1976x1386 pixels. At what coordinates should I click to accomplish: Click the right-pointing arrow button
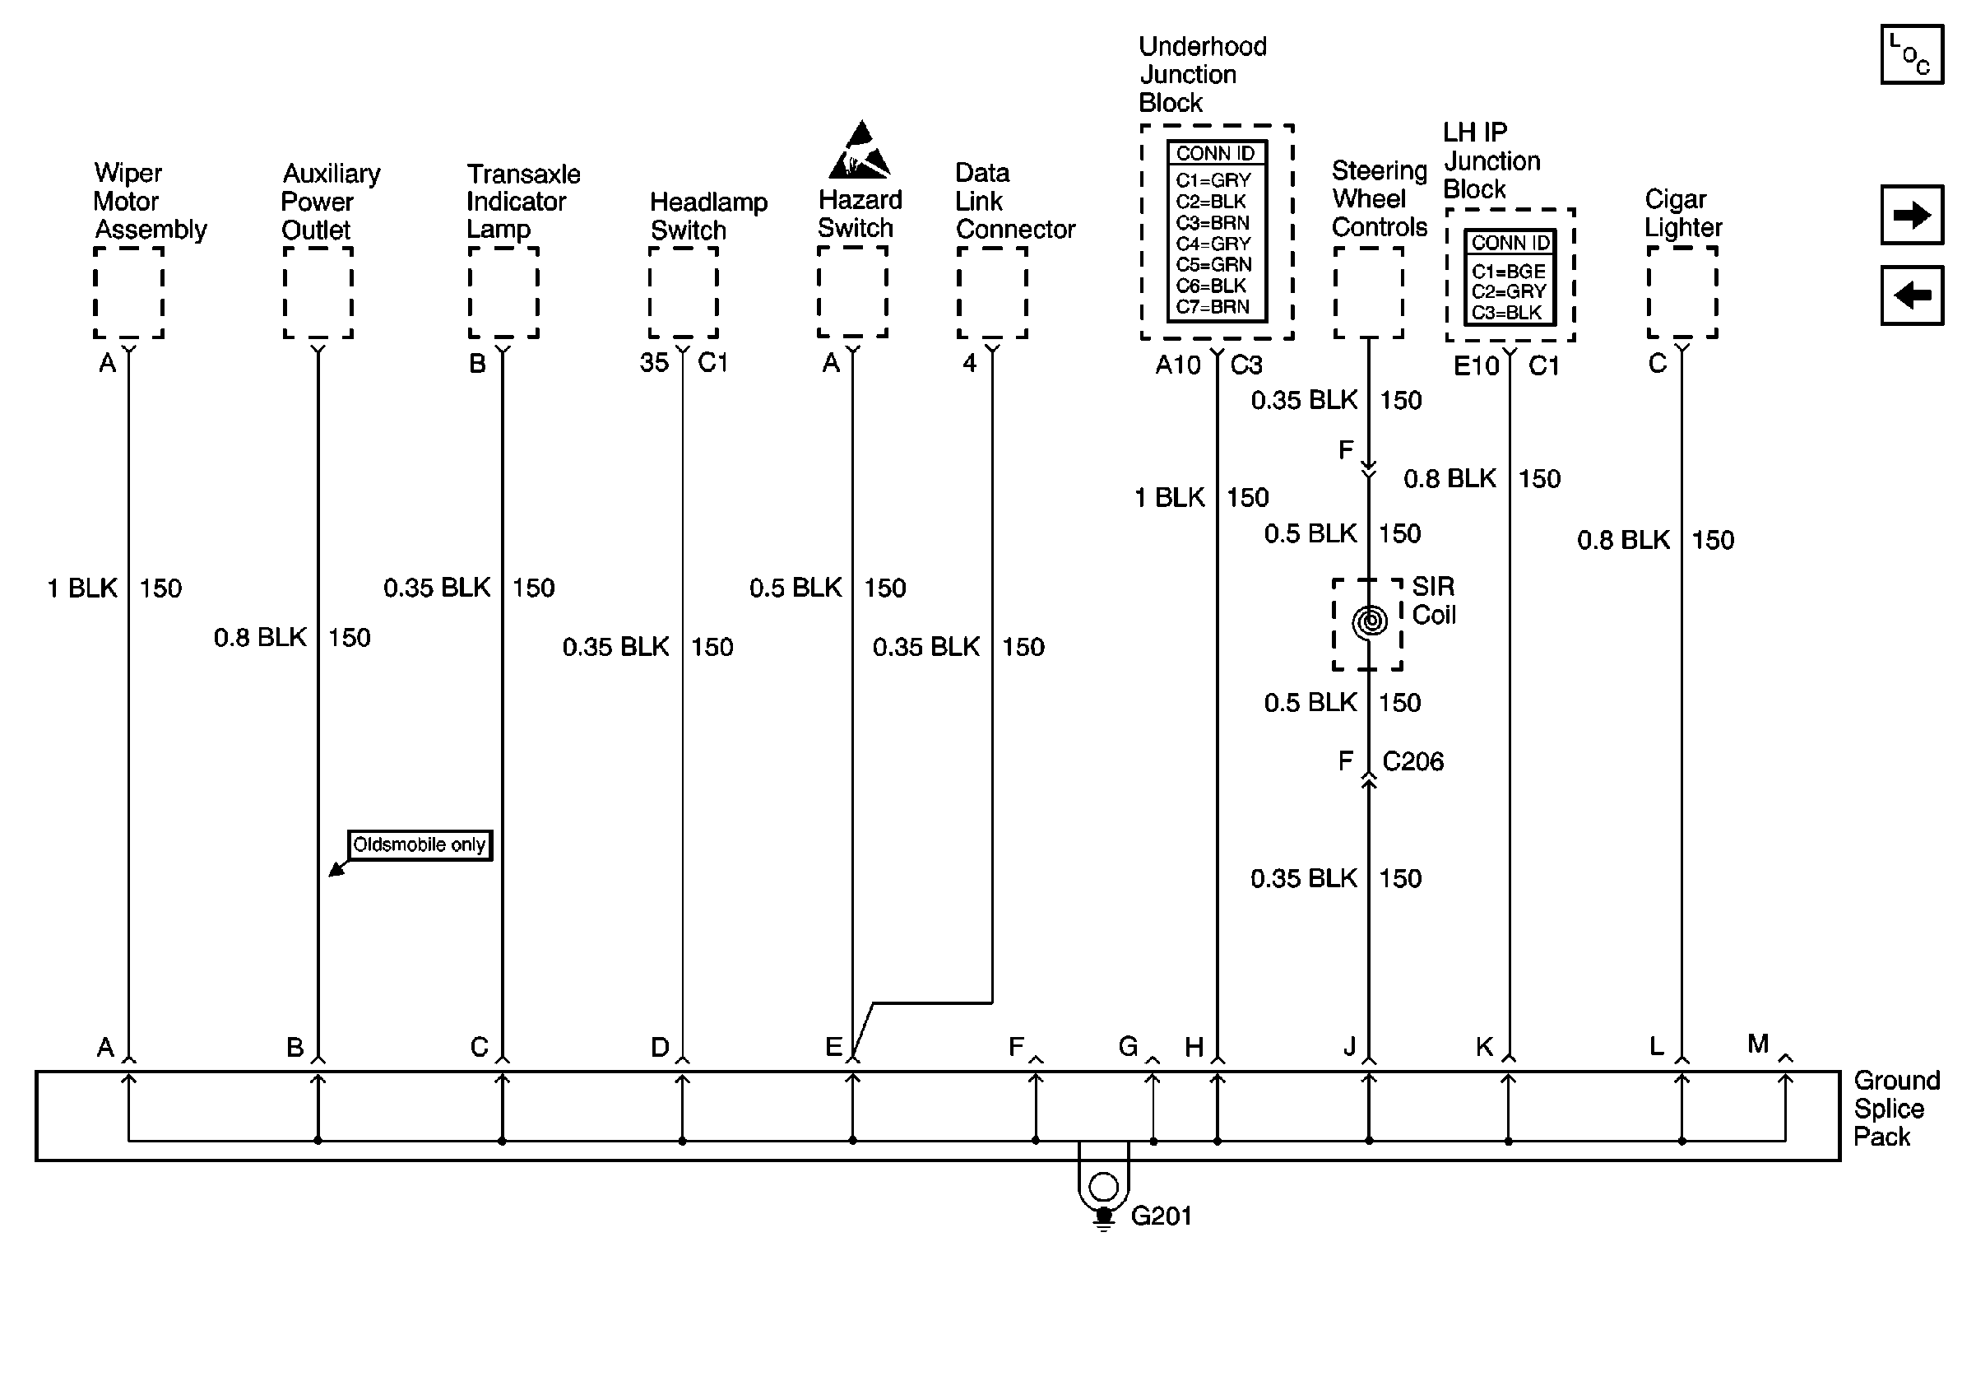pos(1912,214)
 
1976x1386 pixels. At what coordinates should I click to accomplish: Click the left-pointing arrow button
pos(1912,295)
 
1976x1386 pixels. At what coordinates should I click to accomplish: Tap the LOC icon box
pos(1912,55)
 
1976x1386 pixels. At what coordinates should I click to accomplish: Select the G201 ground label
pos(1160,1216)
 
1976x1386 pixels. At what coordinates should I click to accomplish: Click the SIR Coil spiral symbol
pos(1369,621)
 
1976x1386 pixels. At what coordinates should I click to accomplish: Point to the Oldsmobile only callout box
pos(419,844)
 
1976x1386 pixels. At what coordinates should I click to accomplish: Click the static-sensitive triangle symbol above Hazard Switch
pos(859,151)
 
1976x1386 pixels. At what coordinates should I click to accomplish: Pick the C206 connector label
pos(1412,761)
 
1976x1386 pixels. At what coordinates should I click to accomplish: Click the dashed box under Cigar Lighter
pos(1681,293)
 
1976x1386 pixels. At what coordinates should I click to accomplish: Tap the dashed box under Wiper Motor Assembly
pos(128,293)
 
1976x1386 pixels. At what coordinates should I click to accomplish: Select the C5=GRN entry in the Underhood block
pos(1213,264)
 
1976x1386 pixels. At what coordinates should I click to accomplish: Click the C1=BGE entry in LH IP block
pos(1508,271)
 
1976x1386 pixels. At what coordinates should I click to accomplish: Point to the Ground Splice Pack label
pos(1896,1108)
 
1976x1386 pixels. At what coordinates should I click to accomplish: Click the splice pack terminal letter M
pos(1757,1044)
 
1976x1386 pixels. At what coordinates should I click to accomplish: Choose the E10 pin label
pos(1476,366)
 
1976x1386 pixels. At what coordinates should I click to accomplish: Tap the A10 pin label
pos(1177,365)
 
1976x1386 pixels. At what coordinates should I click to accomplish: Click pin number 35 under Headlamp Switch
pos(653,362)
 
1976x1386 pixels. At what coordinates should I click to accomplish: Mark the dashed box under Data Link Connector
pos(991,293)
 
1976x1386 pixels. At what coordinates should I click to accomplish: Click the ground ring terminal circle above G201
pos(1102,1186)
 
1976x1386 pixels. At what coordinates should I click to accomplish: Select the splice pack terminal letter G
pos(1127,1047)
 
